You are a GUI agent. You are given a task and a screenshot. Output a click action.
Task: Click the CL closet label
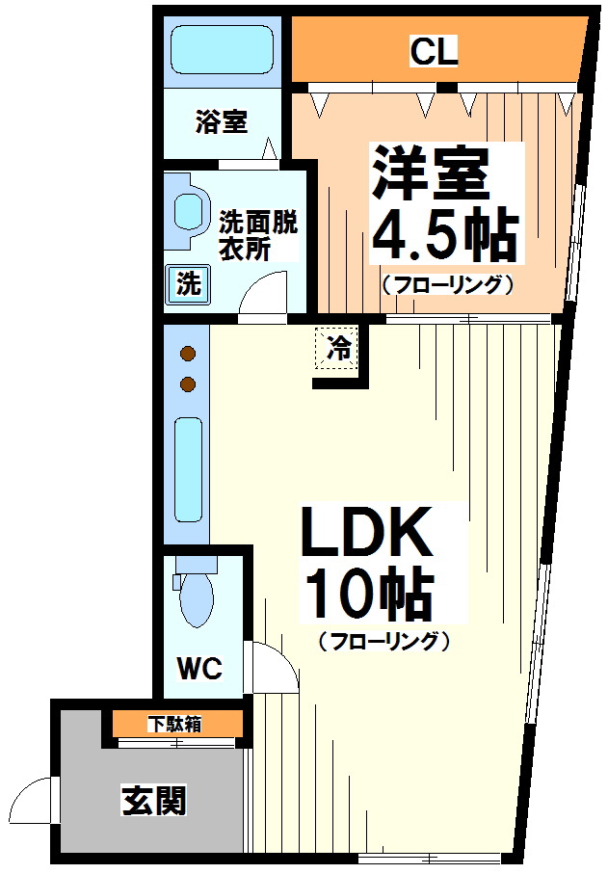tap(434, 51)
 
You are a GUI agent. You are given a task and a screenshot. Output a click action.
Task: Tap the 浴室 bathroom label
tap(222, 122)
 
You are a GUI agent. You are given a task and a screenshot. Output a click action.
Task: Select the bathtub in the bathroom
tap(221, 49)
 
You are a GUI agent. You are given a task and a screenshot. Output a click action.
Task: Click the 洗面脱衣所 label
tap(257, 234)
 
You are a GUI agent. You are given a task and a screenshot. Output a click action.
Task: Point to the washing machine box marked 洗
tap(189, 284)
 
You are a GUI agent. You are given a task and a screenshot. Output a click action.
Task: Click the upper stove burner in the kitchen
tap(188, 354)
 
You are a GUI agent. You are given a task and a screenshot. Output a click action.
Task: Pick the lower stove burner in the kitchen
tap(188, 384)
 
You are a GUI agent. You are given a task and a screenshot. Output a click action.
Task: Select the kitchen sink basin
tap(188, 468)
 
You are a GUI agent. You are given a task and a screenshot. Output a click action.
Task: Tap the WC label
tap(200, 668)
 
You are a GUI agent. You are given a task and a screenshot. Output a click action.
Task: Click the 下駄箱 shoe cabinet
tap(174, 724)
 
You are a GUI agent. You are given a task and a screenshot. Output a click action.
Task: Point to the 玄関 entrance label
tap(153, 800)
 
